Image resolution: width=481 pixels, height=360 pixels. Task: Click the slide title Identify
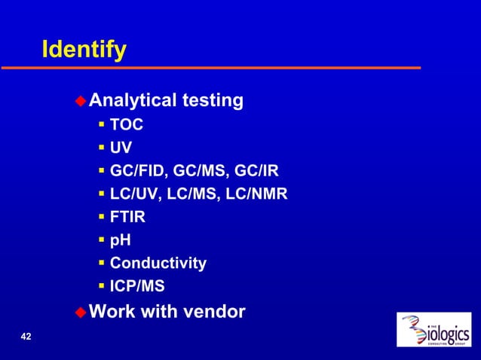tap(84, 50)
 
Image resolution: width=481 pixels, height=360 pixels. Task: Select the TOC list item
tap(126, 124)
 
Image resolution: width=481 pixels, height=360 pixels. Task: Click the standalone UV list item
tap(121, 148)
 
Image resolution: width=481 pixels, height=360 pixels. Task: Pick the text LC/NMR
tap(259, 194)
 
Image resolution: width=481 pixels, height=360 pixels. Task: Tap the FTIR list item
tap(128, 217)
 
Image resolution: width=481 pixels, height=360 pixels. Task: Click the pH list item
tap(120, 240)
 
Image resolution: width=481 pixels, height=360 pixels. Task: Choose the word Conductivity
tap(158, 263)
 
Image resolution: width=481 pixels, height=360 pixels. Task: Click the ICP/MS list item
tap(137, 286)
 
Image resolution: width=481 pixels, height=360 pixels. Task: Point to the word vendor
tap(217, 310)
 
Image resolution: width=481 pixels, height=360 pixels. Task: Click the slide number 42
tap(26, 336)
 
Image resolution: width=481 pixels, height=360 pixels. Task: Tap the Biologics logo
tap(434, 331)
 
